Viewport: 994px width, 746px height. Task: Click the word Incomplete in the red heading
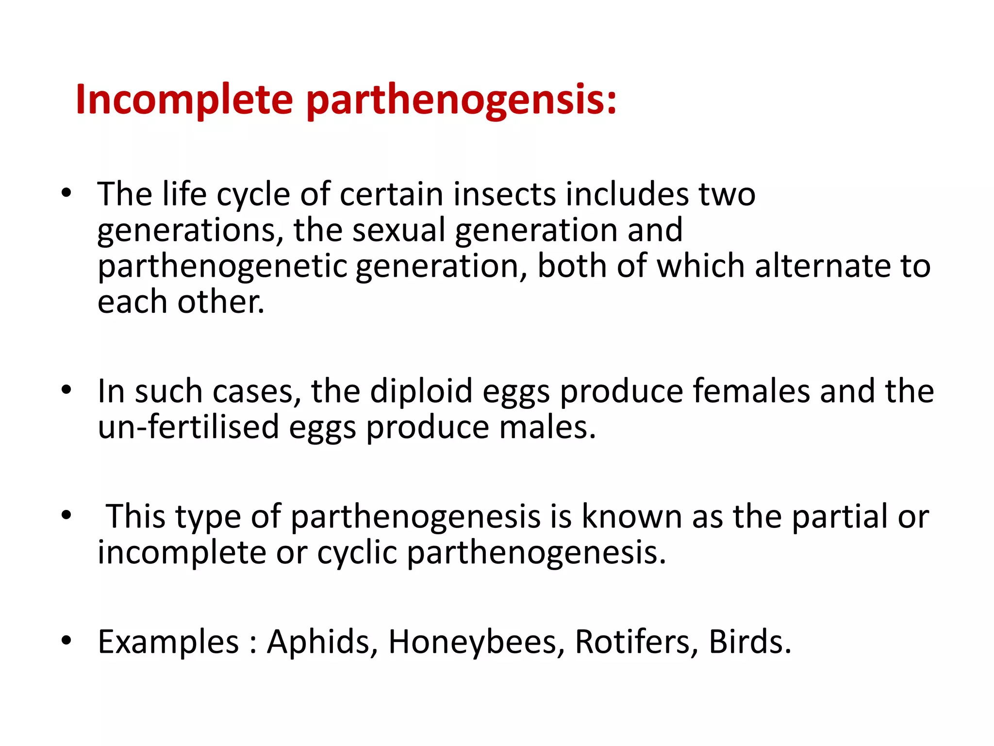(x=184, y=100)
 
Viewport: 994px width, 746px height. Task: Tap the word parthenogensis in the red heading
(x=461, y=101)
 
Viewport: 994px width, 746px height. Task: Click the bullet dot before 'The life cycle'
(x=66, y=193)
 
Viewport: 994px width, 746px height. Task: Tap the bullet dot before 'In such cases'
(x=66, y=390)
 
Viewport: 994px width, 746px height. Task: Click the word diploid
(x=421, y=391)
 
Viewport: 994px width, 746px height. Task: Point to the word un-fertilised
(x=188, y=427)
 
